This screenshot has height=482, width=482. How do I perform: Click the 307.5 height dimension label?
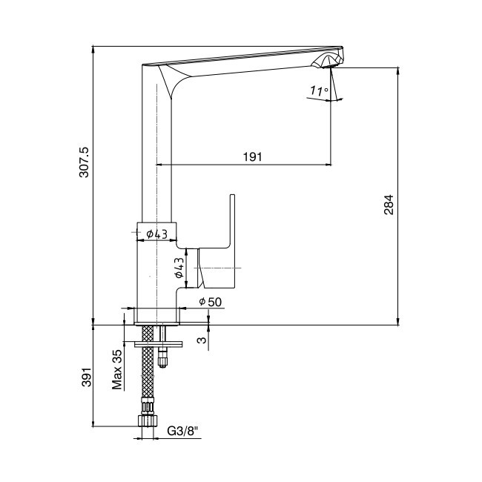[x=84, y=162]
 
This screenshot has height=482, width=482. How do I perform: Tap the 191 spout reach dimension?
[x=253, y=157]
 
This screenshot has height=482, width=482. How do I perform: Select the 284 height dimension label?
[x=389, y=205]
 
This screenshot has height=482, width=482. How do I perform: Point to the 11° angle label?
[x=319, y=91]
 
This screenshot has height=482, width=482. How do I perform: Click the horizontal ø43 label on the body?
[x=156, y=234]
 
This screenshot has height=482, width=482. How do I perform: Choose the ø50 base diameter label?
[x=211, y=302]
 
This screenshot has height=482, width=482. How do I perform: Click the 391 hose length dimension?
[x=87, y=377]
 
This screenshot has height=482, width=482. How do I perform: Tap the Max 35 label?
[x=117, y=370]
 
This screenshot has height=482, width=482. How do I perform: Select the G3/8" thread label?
[x=182, y=432]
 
